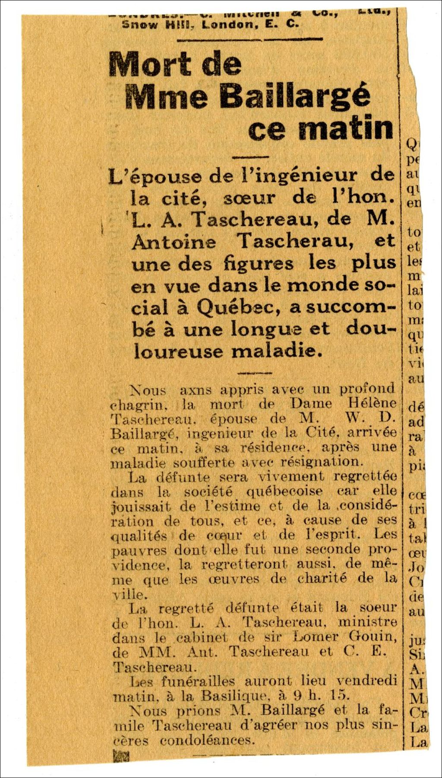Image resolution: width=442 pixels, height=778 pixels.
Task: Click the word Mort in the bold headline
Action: (x=149, y=64)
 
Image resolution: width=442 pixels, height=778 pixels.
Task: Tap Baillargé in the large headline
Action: (x=294, y=96)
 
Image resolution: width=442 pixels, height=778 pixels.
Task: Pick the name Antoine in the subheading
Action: (x=174, y=241)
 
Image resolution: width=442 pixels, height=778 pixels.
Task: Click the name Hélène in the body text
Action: (x=372, y=403)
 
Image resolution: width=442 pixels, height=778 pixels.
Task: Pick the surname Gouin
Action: (x=373, y=636)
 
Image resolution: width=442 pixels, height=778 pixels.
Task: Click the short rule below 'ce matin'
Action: (x=251, y=157)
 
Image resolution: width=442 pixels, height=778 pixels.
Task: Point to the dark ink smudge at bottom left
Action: (x=120, y=756)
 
